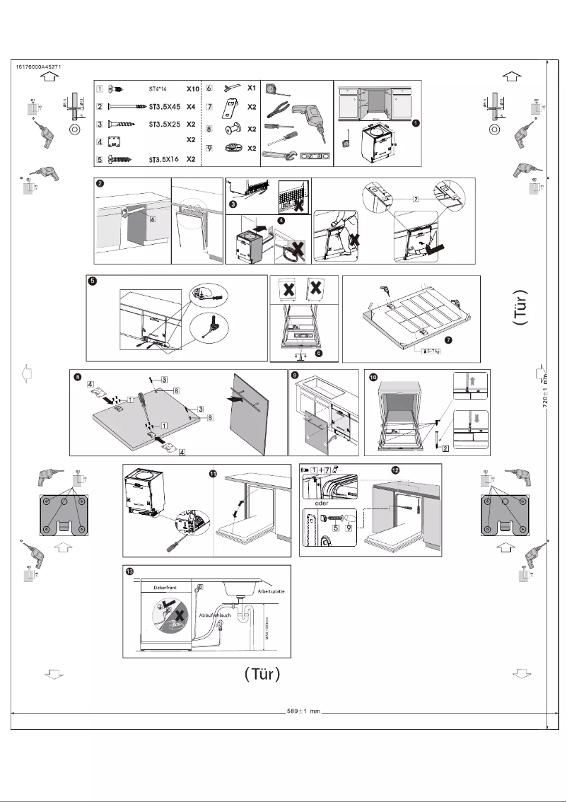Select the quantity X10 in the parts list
click(192, 89)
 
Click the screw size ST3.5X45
click(163, 107)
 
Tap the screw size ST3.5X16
click(162, 161)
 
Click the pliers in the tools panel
click(279, 110)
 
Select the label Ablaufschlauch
click(216, 615)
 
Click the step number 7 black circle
click(468, 339)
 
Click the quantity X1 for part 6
click(251, 88)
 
